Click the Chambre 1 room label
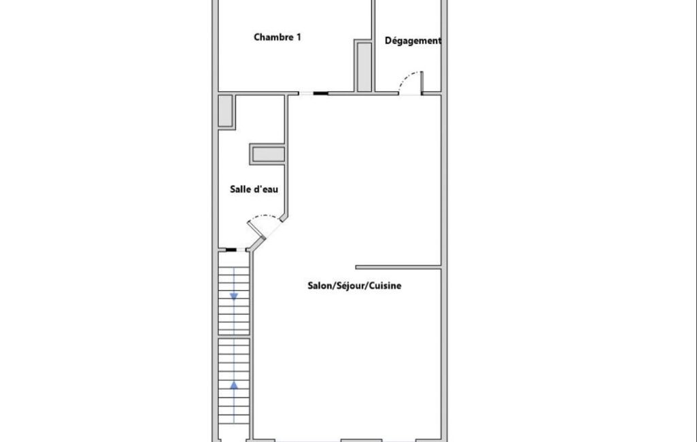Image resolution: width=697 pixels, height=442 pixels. pos(277,37)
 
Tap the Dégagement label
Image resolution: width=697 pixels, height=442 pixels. pos(413,41)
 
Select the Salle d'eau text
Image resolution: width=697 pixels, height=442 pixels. pos(254,190)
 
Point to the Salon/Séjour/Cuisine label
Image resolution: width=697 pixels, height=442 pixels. pos(354,286)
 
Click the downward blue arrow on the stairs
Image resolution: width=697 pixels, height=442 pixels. pos(234,296)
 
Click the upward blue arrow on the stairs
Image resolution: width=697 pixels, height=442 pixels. pos(234,386)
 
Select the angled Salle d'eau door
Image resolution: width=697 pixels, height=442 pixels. pos(256,231)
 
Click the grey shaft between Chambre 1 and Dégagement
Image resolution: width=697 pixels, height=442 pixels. pos(364,66)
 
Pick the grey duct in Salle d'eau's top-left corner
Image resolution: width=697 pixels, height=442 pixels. pos(226,111)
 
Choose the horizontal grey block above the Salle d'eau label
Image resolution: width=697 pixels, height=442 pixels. pos(268,154)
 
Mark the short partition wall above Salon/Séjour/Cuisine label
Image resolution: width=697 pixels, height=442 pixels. pos(398,267)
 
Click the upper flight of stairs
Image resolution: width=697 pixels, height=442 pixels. pos(234,301)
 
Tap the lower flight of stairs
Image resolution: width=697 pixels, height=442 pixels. pos(234,381)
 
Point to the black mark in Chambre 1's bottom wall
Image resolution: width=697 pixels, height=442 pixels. pos(320,93)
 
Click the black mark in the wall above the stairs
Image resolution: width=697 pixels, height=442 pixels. pos(231,250)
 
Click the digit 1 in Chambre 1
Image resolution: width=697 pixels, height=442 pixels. pos(299,37)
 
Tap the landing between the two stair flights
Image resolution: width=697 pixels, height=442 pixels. pos(234,337)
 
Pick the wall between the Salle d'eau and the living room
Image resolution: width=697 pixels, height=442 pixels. pos(286,156)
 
